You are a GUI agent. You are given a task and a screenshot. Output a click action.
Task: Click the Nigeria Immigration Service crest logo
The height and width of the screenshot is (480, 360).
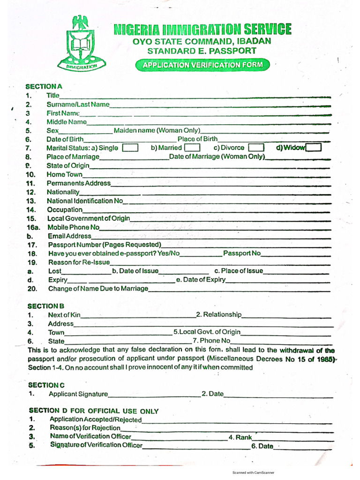(x=83, y=43)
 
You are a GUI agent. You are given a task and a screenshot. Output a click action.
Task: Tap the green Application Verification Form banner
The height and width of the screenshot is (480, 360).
(x=202, y=65)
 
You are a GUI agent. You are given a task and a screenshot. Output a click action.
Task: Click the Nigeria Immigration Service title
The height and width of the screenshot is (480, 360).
(x=202, y=30)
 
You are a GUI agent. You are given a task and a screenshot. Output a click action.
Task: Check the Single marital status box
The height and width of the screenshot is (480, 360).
(x=130, y=148)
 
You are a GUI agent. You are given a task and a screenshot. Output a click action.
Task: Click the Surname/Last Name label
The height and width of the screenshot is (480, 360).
(x=78, y=104)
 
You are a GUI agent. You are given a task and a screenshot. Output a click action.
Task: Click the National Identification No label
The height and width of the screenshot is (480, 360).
(x=85, y=201)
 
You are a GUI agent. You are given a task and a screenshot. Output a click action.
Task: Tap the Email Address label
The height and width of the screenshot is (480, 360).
(x=70, y=236)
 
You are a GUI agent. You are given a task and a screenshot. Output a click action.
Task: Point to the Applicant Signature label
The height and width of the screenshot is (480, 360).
(x=78, y=394)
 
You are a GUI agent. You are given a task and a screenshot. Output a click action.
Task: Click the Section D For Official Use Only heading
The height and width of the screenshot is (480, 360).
(x=93, y=411)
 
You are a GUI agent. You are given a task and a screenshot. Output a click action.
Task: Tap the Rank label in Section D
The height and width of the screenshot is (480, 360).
(x=240, y=437)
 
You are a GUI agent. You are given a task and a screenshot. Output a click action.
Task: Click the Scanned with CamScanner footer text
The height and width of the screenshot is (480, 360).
(x=253, y=472)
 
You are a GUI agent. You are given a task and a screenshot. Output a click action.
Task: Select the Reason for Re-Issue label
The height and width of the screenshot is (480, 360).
(x=79, y=262)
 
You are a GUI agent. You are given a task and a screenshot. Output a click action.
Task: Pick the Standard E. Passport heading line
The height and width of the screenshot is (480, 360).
(x=202, y=51)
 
